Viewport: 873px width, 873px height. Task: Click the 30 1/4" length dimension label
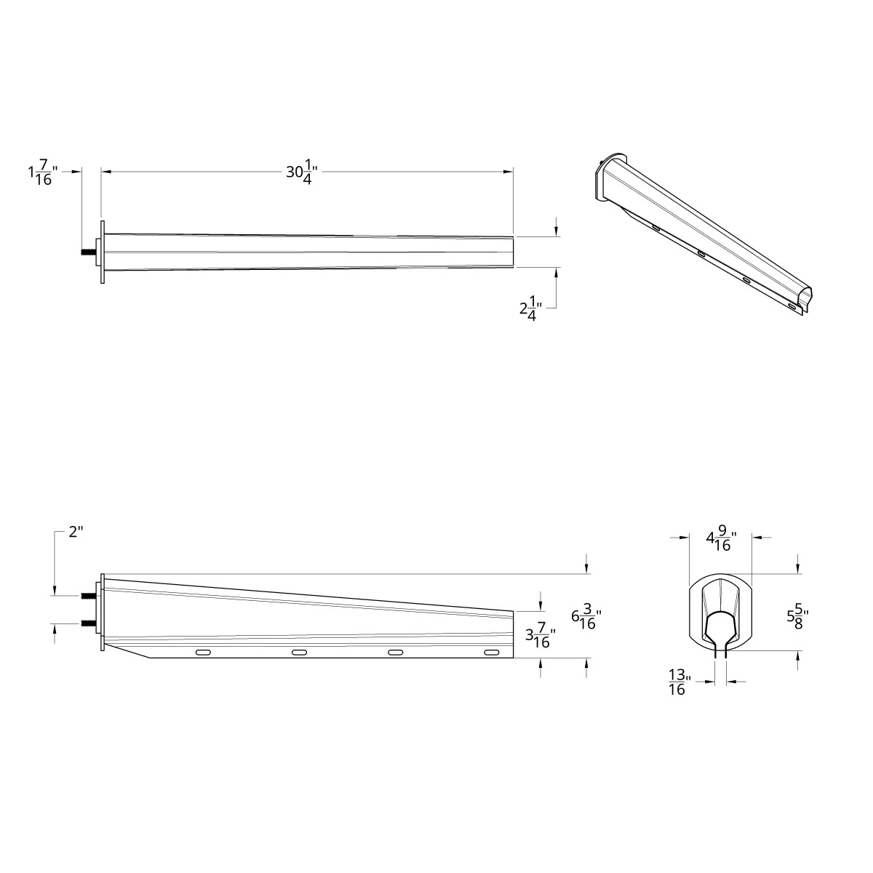(x=301, y=173)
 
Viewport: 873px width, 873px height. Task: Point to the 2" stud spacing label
(x=76, y=533)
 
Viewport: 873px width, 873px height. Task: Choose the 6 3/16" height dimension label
(x=586, y=618)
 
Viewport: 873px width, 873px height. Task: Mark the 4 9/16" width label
(x=721, y=541)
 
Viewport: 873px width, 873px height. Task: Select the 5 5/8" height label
(x=797, y=618)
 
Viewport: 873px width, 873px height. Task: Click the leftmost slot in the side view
(x=204, y=653)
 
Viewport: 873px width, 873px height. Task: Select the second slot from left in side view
(x=300, y=653)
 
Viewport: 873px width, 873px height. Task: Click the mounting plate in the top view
(x=103, y=253)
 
